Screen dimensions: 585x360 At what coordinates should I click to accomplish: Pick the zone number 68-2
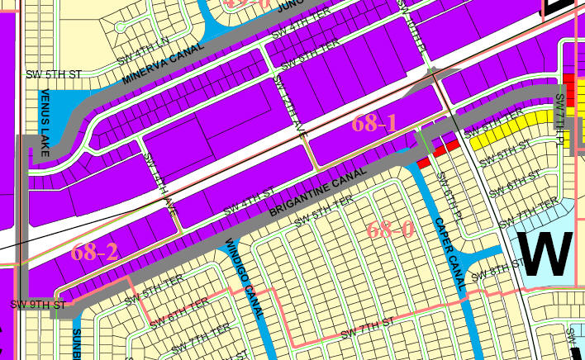[94, 252]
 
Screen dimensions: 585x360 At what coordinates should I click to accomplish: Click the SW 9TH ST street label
[38, 305]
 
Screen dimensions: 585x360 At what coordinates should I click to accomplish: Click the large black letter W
[543, 253]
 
